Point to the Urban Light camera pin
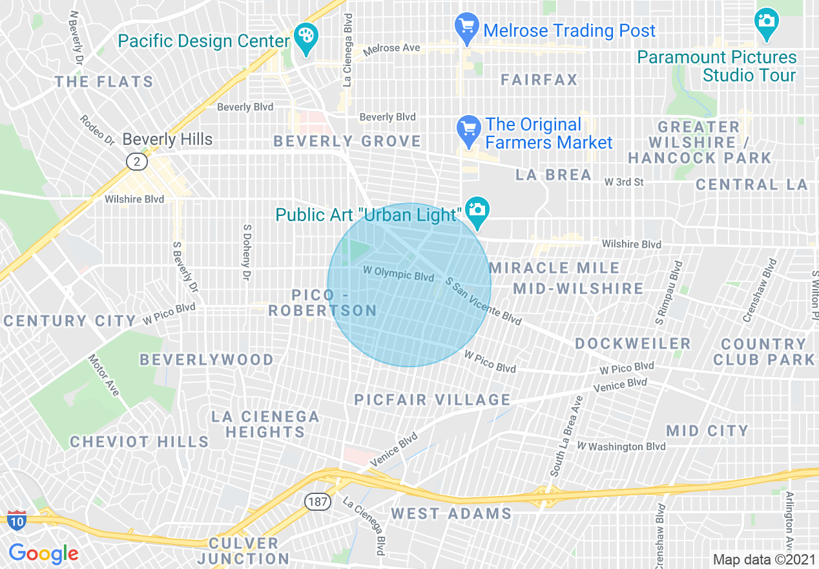[477, 211]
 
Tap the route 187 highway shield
[318, 501]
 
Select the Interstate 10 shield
[16, 519]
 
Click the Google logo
[43, 553]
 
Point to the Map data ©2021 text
[763, 559]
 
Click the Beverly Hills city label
[167, 139]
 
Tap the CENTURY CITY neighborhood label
[70, 321]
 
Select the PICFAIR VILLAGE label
[432, 400]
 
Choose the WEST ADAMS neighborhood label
[451, 514]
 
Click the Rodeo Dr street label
[97, 129]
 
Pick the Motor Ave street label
[104, 375]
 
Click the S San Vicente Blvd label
[483, 301]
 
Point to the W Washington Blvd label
[621, 446]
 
